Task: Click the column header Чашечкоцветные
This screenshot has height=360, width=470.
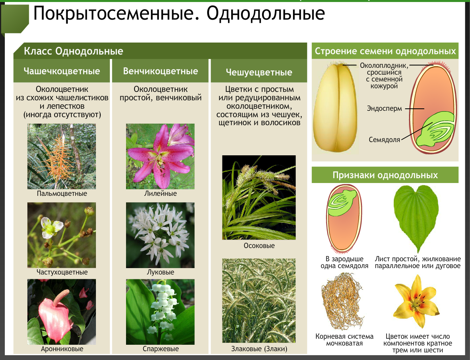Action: click(x=62, y=71)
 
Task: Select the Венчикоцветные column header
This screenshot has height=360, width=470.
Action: click(x=161, y=71)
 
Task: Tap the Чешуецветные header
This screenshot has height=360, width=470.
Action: click(x=259, y=72)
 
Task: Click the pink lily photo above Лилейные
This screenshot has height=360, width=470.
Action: click(x=161, y=156)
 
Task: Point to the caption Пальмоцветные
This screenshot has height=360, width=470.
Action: click(x=62, y=193)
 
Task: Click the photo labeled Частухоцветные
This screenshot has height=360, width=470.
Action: click(x=62, y=235)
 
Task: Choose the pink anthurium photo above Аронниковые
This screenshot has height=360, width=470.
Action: click(x=62, y=312)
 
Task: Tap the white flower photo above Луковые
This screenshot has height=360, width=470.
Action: click(x=161, y=235)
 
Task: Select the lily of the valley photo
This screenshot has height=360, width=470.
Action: click(x=161, y=312)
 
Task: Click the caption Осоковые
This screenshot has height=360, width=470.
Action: click(x=259, y=246)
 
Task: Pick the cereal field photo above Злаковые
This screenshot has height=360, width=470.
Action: click(x=259, y=300)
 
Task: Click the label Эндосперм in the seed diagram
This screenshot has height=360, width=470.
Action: click(x=384, y=108)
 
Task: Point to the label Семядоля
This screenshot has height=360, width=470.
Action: click(x=384, y=140)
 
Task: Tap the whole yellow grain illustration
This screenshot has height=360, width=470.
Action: click(x=335, y=107)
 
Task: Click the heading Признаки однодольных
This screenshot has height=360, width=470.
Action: click(x=385, y=175)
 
